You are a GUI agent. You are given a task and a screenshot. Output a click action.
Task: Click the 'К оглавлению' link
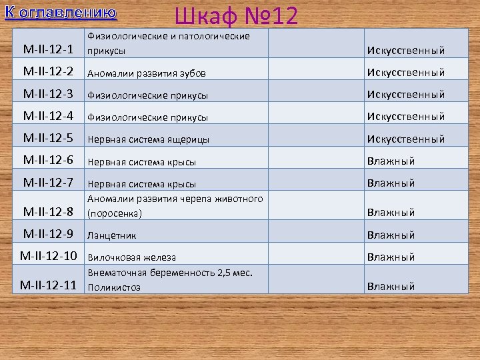point(60,13)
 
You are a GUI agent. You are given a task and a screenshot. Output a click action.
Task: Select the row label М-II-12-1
point(48,49)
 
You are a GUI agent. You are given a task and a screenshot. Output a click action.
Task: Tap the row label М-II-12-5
point(48,138)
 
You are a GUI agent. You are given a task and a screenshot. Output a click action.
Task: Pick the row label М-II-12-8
point(48,212)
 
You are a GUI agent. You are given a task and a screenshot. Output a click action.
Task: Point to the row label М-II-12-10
point(49,255)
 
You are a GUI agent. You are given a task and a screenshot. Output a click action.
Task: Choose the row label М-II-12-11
point(49,285)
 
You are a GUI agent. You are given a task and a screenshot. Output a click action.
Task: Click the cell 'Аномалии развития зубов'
point(147,73)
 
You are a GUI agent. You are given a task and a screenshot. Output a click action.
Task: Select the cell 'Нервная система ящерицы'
point(148,139)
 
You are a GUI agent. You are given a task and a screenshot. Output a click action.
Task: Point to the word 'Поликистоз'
point(113,287)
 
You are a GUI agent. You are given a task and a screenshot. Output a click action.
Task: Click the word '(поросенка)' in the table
point(115,214)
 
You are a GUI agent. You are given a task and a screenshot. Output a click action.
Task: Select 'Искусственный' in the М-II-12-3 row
point(405,94)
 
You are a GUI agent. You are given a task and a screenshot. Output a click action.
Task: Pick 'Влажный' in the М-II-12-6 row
point(391,161)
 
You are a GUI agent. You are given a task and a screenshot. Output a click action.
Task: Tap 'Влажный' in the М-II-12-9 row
point(391,235)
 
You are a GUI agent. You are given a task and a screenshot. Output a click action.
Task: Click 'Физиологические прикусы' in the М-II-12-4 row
point(147,117)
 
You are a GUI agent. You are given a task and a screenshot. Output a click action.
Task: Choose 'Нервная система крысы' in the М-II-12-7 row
point(141,184)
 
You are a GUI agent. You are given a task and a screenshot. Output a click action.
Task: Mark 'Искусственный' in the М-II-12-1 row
point(405,50)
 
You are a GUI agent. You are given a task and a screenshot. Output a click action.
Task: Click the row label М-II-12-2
point(48,71)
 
